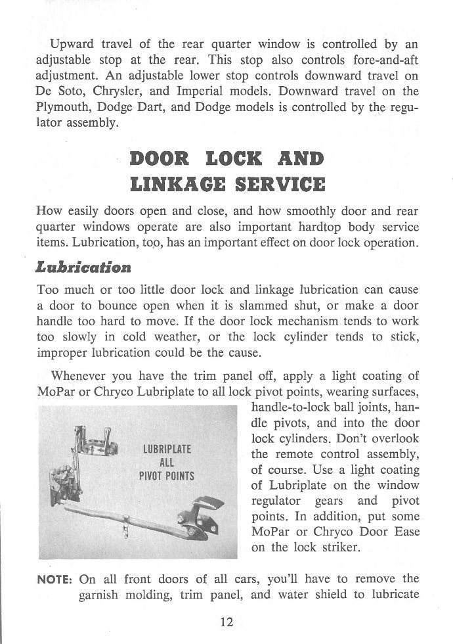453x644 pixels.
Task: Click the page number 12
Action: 226,622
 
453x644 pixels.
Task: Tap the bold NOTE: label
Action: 55,579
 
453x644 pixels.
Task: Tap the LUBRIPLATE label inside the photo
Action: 167,449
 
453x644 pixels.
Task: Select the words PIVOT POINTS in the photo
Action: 167,476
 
